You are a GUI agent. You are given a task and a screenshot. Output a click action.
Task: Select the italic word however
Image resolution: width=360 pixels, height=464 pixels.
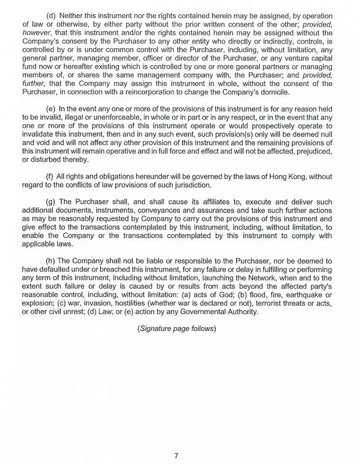pyautogui.click(x=33, y=33)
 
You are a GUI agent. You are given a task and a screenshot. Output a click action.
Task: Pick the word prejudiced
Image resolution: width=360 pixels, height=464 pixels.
pyautogui.click(x=314, y=151)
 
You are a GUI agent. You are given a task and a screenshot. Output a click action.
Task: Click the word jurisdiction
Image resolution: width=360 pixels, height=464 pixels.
pyautogui.click(x=192, y=185)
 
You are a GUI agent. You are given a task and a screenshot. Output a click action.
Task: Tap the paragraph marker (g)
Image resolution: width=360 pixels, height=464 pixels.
pyautogui.click(x=51, y=202)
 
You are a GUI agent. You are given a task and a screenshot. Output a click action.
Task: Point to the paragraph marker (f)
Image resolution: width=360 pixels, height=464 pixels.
pyautogui.click(x=50, y=177)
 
